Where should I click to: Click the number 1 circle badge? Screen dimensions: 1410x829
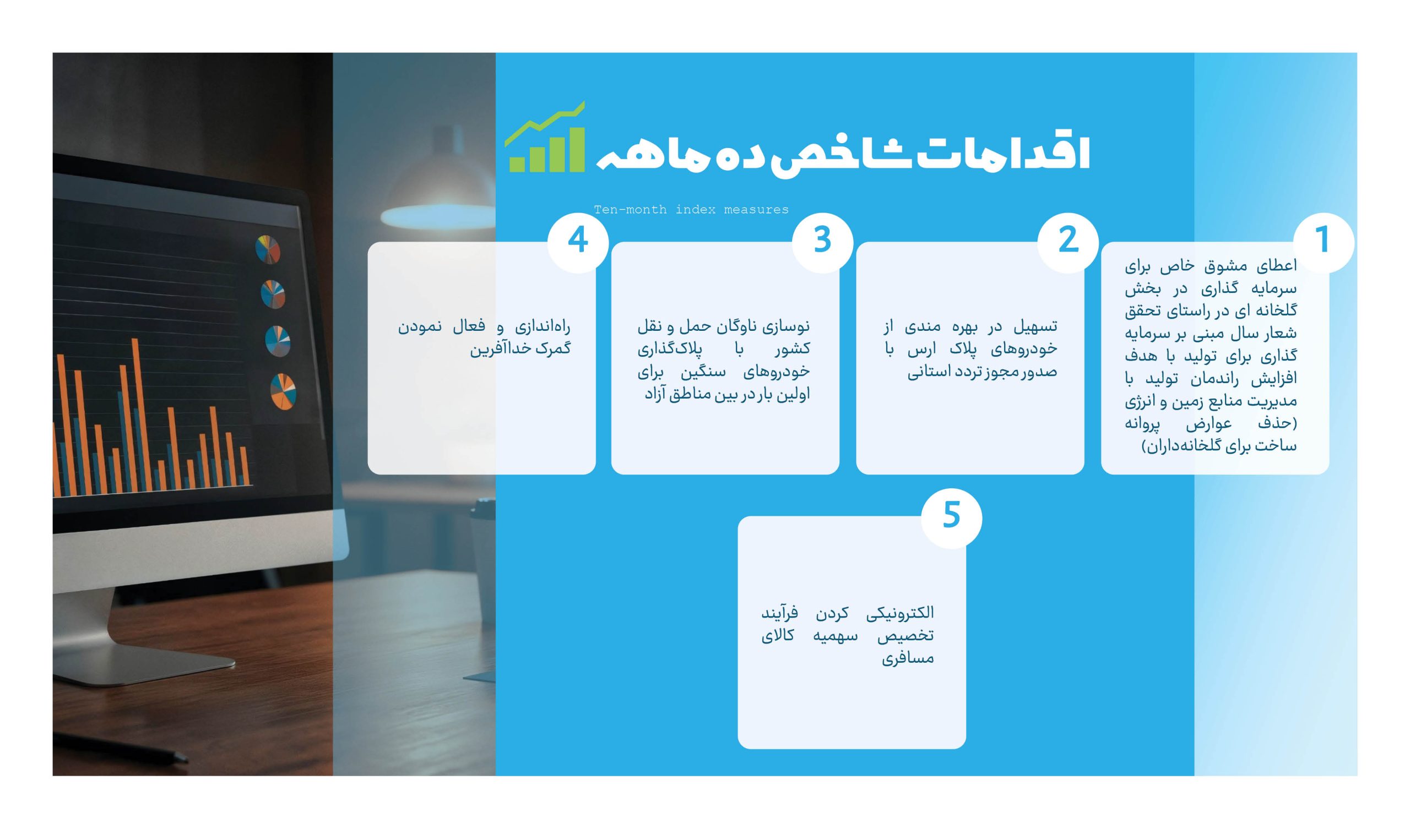pos(1323,243)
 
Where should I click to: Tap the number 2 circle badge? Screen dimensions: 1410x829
pos(1067,243)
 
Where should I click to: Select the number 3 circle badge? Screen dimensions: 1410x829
pos(822,243)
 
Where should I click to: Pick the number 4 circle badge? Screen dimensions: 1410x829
pos(578,243)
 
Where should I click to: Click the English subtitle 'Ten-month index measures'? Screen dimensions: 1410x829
pos(691,210)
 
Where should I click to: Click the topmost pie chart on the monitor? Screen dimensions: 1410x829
pos(268,249)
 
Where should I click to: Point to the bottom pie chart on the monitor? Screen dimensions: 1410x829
pos(283,391)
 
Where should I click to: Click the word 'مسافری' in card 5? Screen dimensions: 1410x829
pos(908,658)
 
